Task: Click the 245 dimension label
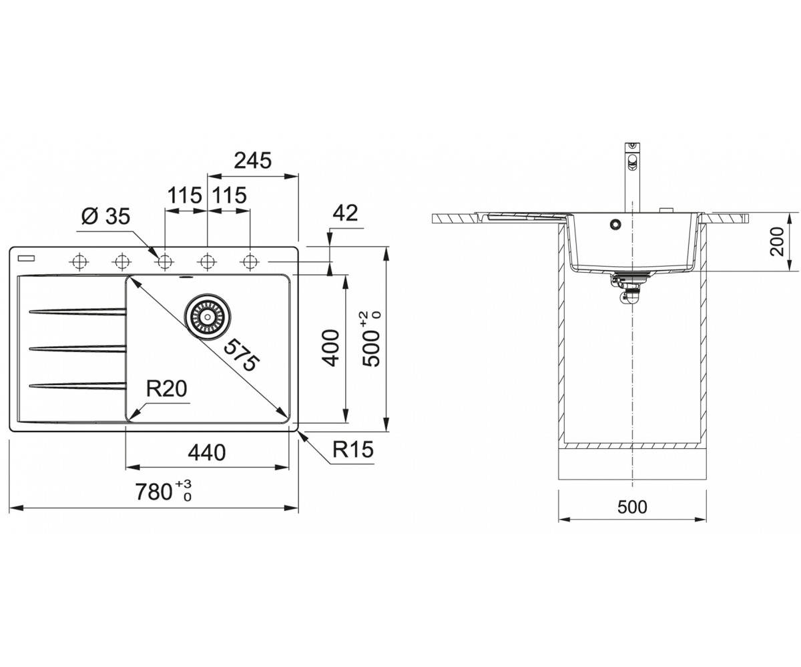tap(253, 160)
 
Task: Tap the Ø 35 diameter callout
tap(106, 217)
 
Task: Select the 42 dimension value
tap(345, 213)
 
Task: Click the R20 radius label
tap(166, 388)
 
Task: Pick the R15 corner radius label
tap(352, 450)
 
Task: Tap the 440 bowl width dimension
tap(207, 452)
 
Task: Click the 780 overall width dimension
tap(164, 492)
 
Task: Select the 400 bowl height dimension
tap(330, 348)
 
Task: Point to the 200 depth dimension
tap(778, 241)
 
